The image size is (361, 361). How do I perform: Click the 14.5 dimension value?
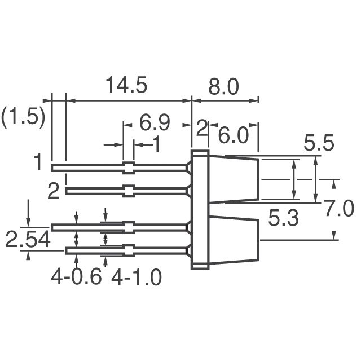click(x=126, y=86)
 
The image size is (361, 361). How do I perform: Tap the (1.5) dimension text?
click(x=23, y=117)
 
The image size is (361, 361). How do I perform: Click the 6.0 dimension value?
click(x=233, y=136)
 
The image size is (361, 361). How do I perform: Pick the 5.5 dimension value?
click(x=318, y=144)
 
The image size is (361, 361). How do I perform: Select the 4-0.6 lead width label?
click(x=76, y=277)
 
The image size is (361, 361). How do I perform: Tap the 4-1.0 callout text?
click(x=137, y=277)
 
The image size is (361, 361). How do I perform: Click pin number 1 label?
click(x=37, y=164)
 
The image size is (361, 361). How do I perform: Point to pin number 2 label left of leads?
click(x=53, y=192)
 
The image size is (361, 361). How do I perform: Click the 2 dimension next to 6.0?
click(x=202, y=129)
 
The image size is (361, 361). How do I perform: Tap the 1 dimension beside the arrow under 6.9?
click(x=156, y=145)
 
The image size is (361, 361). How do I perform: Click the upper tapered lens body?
click(x=234, y=179)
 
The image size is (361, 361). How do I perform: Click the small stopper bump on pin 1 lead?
click(x=129, y=167)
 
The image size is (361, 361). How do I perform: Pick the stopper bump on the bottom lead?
click(x=129, y=250)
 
